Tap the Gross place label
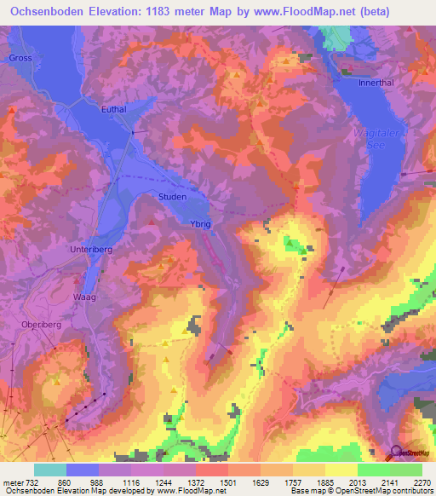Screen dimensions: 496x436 (x=20, y=58)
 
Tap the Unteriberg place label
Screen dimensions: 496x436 (x=89, y=250)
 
